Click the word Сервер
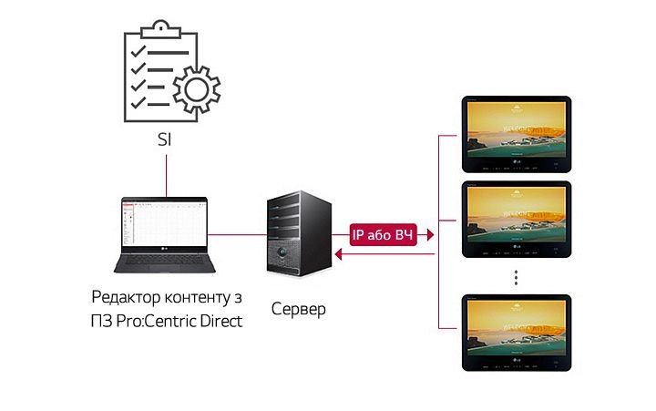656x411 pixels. [x=298, y=310]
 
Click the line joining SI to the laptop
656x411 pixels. [x=166, y=173]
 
